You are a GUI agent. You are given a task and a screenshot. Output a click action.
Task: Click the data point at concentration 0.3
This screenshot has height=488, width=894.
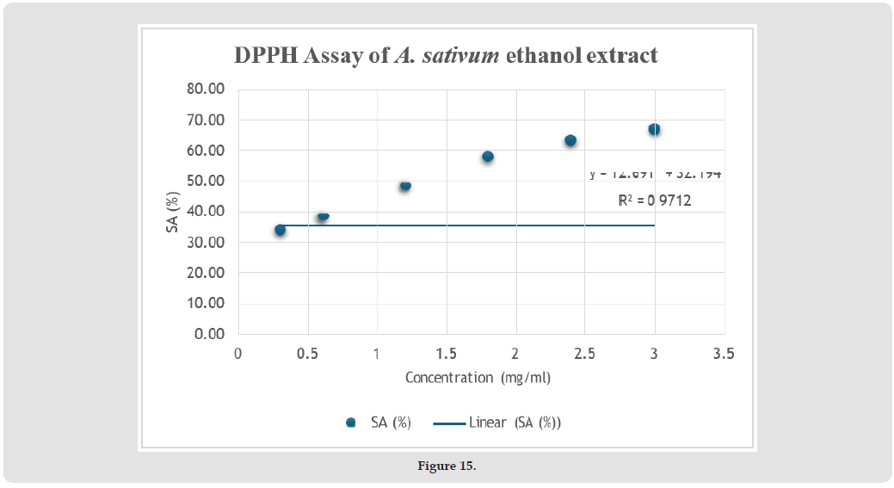click(280, 230)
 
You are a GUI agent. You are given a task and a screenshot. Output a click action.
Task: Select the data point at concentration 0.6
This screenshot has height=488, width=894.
click(323, 215)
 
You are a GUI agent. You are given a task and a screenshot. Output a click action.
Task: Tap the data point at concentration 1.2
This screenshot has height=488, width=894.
click(405, 185)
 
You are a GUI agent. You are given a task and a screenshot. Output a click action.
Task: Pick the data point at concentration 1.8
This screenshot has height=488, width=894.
click(488, 157)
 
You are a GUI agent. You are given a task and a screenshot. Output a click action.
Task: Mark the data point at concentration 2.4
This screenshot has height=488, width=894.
click(570, 140)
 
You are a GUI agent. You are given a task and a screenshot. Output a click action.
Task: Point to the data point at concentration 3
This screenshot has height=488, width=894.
click(654, 129)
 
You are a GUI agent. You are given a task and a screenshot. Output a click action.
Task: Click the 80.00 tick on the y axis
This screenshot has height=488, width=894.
click(205, 90)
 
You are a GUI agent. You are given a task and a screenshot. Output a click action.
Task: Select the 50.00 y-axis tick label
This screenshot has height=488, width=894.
click(205, 182)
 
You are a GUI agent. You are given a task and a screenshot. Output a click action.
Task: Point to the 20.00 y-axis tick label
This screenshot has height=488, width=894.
click(205, 273)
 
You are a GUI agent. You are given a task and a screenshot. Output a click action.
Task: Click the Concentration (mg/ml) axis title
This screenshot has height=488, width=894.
click(478, 378)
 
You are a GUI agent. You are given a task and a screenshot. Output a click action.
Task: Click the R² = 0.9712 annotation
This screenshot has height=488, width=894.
click(654, 201)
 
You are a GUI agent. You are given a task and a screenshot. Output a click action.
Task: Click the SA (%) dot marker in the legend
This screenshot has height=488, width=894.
click(350, 423)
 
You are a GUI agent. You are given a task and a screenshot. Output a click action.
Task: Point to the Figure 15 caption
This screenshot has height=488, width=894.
click(447, 466)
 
